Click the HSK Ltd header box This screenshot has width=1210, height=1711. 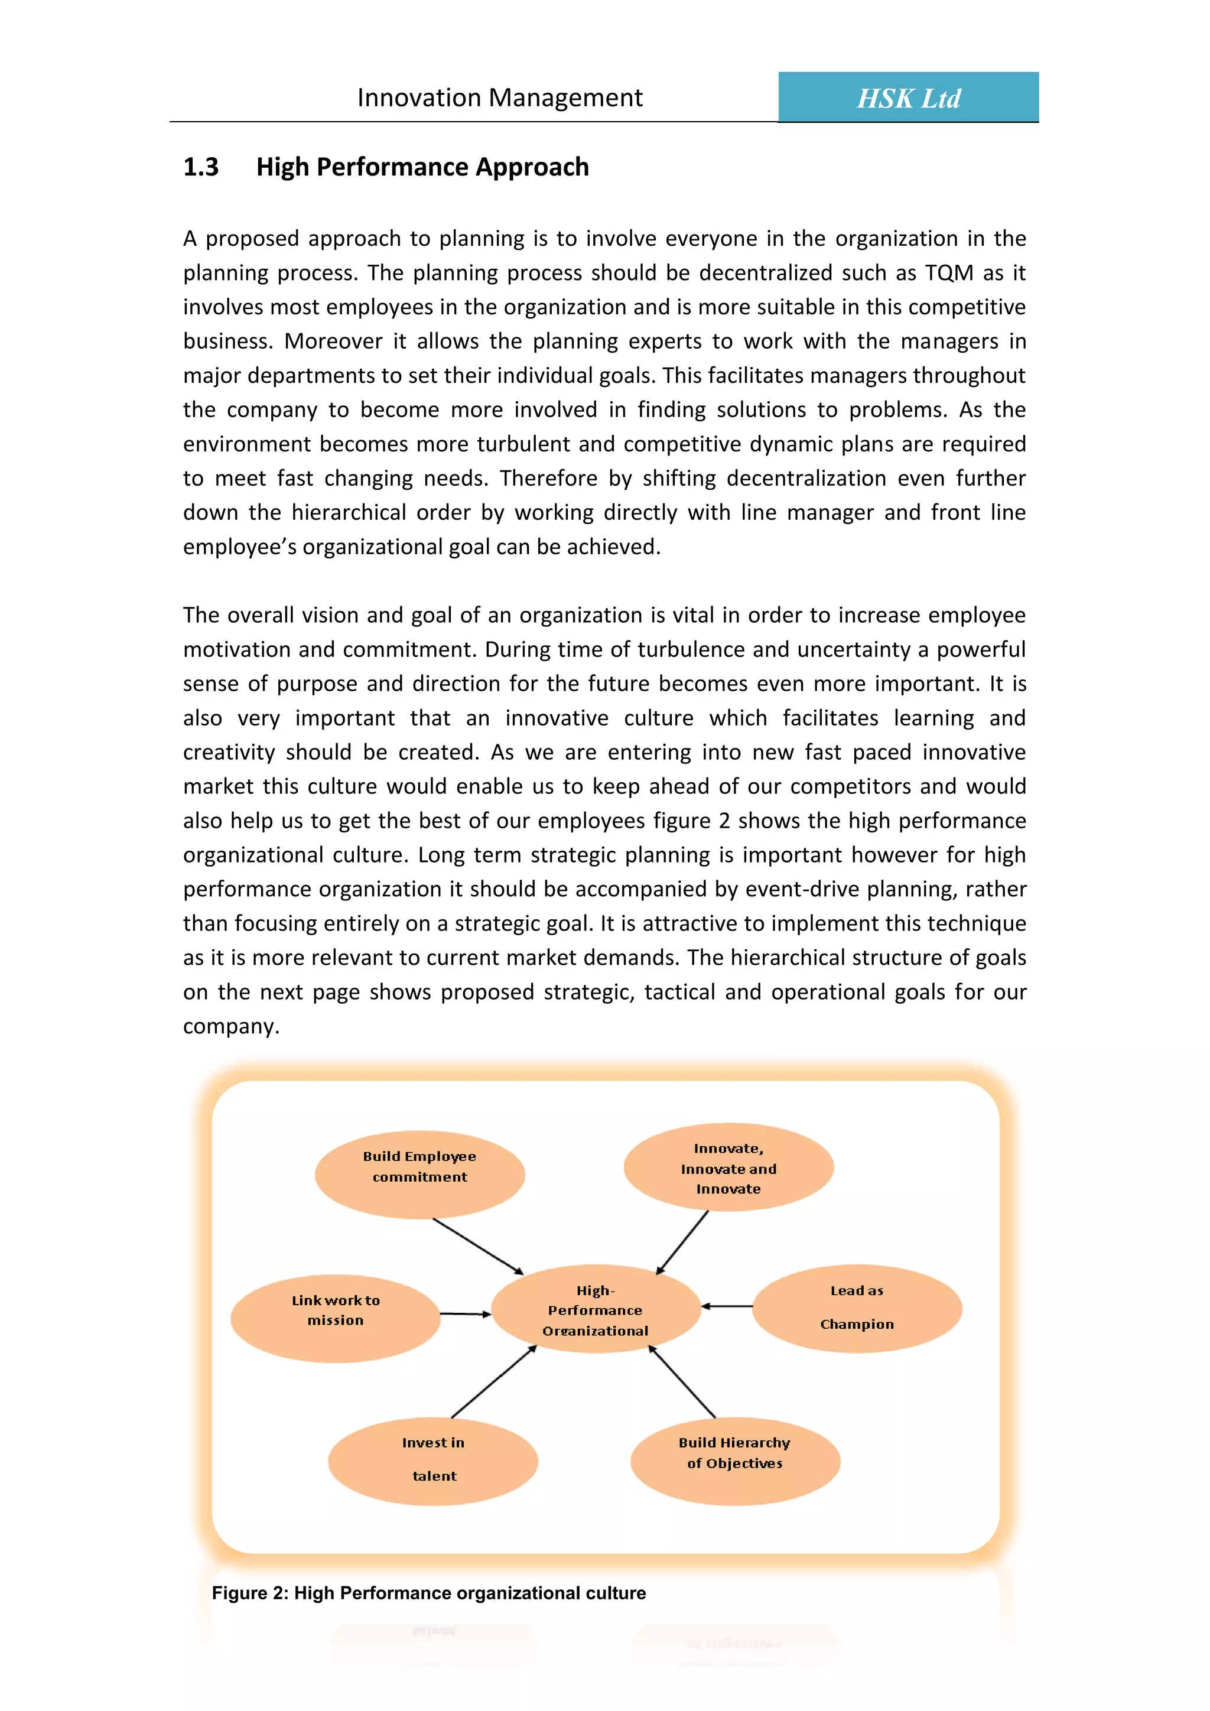[907, 97]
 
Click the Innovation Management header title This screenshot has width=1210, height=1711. [499, 97]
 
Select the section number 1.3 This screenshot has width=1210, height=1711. [200, 167]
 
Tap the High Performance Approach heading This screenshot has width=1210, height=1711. [422, 167]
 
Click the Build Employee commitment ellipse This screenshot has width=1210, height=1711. [419, 1175]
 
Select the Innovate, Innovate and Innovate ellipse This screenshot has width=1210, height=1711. [728, 1167]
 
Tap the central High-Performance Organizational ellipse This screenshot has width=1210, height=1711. [596, 1309]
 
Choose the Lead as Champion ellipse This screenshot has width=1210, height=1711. [857, 1308]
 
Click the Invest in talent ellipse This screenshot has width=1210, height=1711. [433, 1460]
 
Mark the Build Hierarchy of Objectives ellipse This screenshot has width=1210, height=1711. [734, 1460]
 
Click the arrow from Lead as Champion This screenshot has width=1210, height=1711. [727, 1306]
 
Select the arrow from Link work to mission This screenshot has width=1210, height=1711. [466, 1314]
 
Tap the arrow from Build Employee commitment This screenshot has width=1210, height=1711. [479, 1246]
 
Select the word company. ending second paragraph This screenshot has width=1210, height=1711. [231, 1027]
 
